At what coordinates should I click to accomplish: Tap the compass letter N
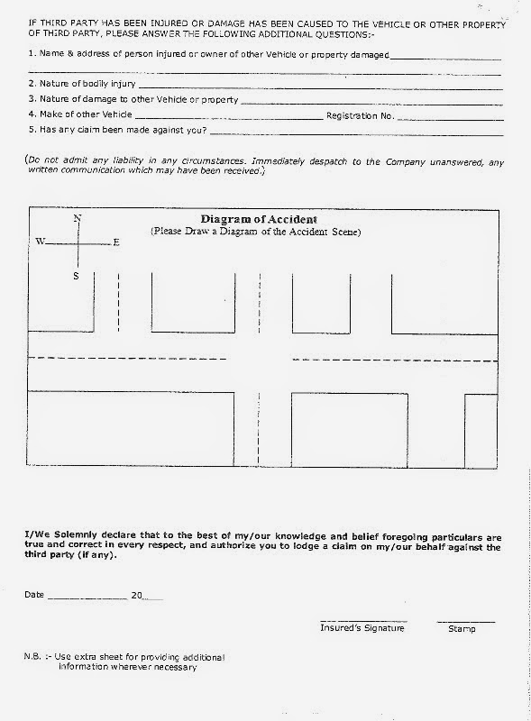coord(78,219)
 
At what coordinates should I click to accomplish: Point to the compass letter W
coord(40,242)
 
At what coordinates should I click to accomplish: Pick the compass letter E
coord(116,242)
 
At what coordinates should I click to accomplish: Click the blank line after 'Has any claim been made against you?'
coord(355,134)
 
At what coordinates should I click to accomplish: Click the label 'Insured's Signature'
coord(362,628)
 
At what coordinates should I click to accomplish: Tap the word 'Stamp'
coord(462,628)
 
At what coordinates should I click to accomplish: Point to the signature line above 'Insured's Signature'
coord(362,621)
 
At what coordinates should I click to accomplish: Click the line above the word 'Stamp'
coord(465,621)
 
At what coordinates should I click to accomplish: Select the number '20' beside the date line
coord(137,596)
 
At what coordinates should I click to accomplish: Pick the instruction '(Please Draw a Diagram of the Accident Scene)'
coord(255,232)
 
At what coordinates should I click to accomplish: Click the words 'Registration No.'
coord(360,115)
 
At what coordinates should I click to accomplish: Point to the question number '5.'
coord(32,131)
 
